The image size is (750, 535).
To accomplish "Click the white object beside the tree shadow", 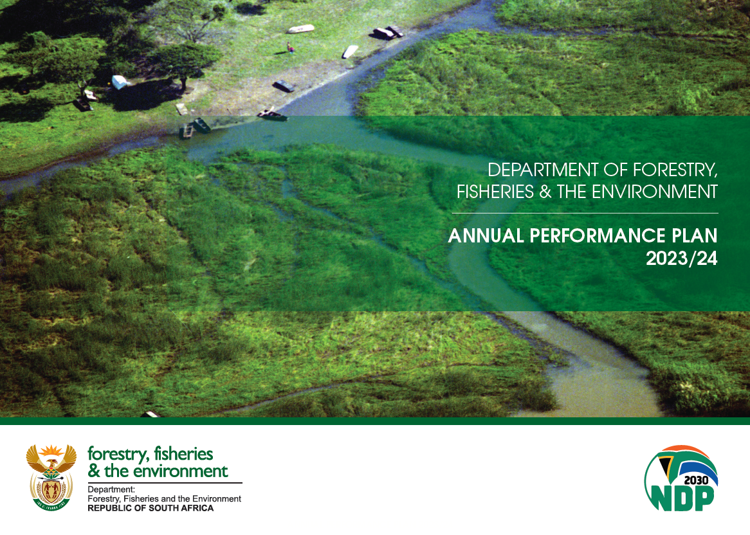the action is [119, 82].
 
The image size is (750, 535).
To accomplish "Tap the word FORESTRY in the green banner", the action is [675, 170].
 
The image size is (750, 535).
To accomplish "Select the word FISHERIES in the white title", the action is [495, 192].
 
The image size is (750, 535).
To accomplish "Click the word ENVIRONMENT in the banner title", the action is [655, 192].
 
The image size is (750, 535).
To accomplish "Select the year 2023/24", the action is [682, 258].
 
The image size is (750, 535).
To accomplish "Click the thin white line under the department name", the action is [585, 213].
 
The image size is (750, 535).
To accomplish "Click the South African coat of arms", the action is [51, 477].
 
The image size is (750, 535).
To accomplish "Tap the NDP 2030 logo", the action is [681, 478].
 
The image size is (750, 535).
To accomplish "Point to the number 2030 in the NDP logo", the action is [696, 480].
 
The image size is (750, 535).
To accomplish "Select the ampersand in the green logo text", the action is [94, 471].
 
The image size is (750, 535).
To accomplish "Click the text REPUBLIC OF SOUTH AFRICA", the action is [151, 508].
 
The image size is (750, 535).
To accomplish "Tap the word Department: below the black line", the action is [111, 489].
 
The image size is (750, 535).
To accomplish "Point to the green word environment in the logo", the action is [180, 471].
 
